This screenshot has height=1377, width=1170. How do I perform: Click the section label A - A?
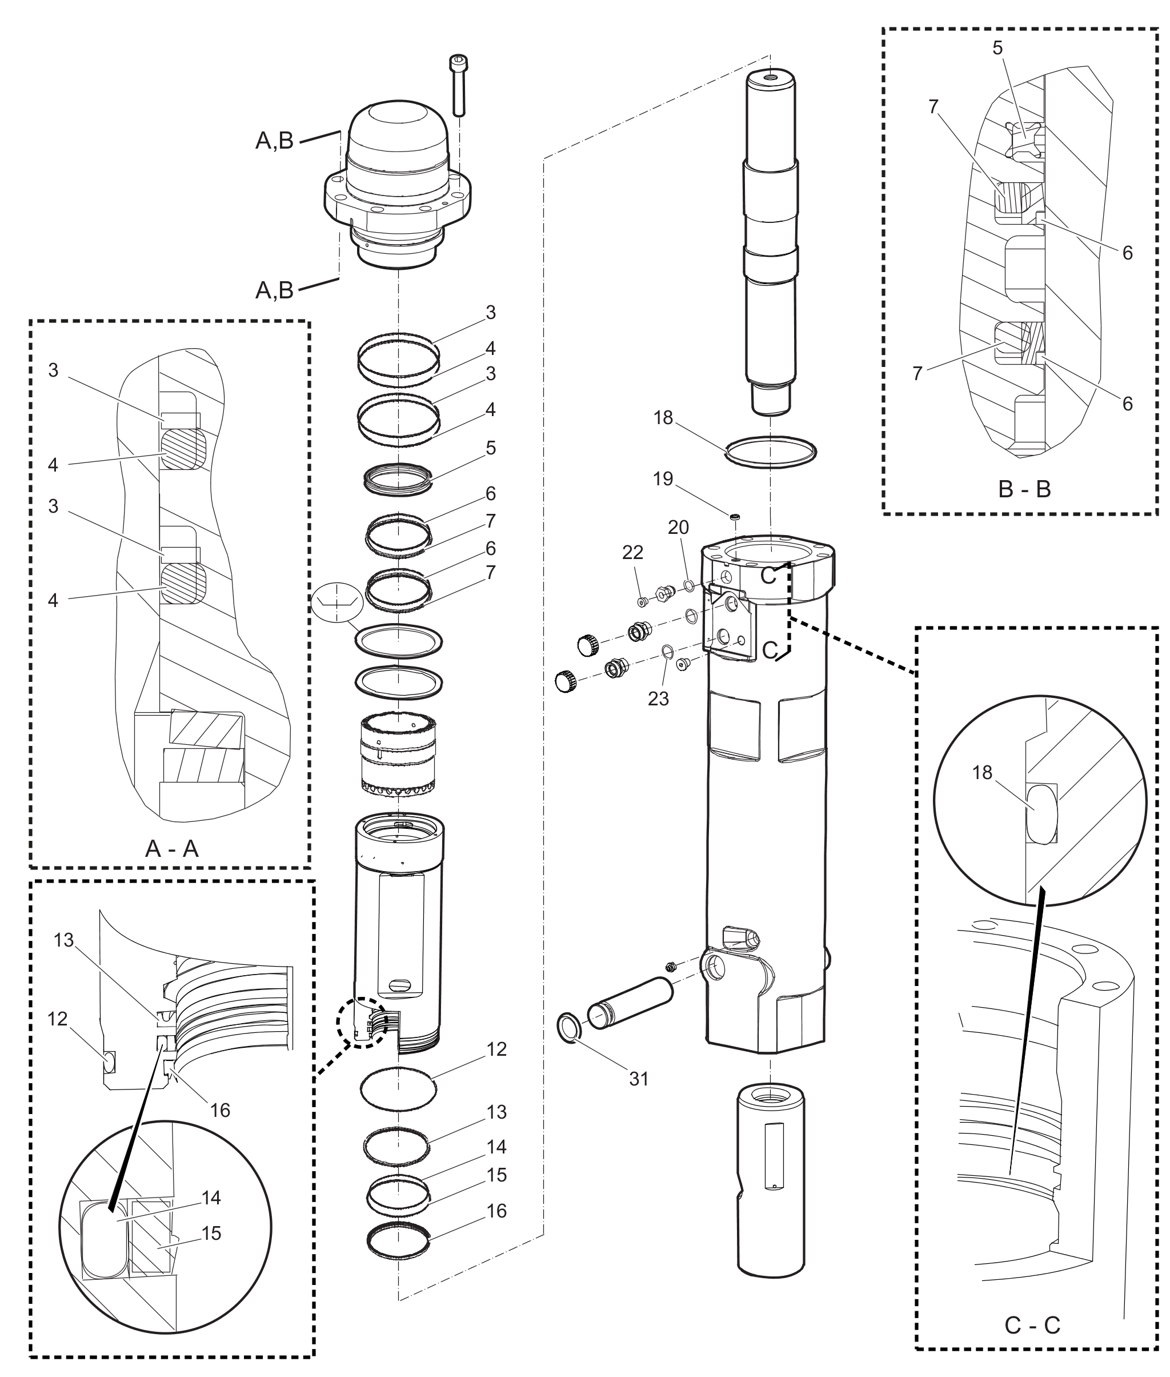(x=172, y=848)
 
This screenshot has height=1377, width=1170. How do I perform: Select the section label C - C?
(x=1032, y=1325)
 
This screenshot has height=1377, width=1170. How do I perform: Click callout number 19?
(x=663, y=478)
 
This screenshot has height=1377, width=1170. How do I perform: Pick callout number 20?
(x=678, y=527)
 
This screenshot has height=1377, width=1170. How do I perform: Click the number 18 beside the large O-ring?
(x=663, y=417)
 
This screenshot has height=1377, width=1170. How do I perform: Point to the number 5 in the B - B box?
(x=997, y=48)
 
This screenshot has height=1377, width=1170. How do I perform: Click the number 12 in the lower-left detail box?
(x=58, y=1019)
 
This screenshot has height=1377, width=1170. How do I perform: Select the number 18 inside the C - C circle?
(x=982, y=772)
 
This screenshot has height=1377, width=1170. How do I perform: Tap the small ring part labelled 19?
(x=734, y=516)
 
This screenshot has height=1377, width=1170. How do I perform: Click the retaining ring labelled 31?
(x=569, y=1028)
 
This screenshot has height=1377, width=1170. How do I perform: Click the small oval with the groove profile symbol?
(x=337, y=602)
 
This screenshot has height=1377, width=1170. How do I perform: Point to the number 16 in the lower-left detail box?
(x=219, y=1109)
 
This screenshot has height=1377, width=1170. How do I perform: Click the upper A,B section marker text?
(x=275, y=141)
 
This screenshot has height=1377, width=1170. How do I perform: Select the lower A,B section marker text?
(x=275, y=290)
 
